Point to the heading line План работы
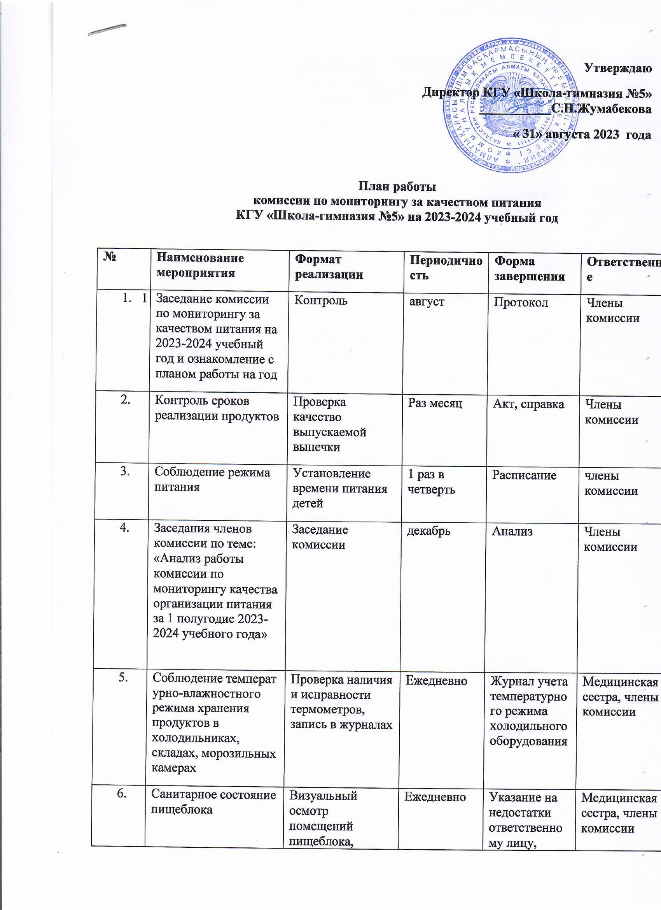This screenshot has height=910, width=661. pyautogui.click(x=396, y=186)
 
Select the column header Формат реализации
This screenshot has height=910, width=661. pyautogui.click(x=329, y=267)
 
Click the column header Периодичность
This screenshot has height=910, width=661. pyautogui.click(x=445, y=268)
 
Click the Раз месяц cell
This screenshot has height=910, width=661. pyautogui.click(x=435, y=403)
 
